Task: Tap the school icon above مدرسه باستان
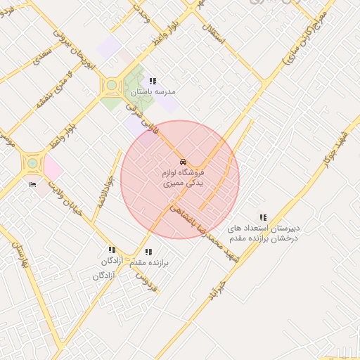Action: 153,82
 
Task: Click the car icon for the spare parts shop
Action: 183,162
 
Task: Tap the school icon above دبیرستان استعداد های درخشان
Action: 263,218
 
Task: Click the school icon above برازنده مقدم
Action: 148,252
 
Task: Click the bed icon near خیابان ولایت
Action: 32,185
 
